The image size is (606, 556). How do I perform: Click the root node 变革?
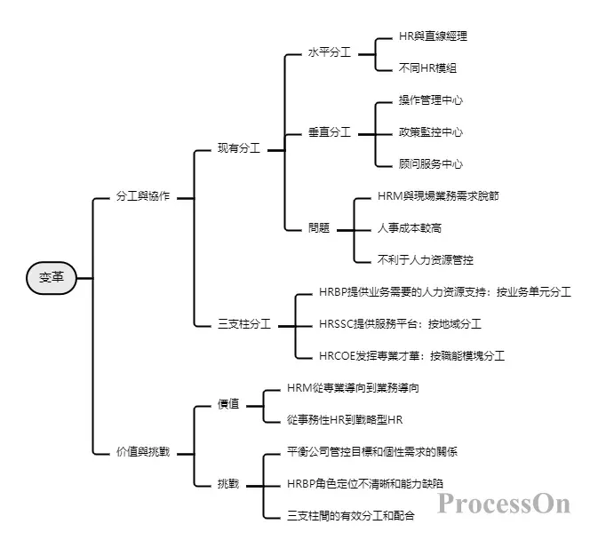pos(52,278)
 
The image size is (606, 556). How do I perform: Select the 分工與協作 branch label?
pos(143,196)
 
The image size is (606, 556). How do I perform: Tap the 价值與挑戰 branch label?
pos(143,452)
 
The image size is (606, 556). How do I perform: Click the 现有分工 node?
pos(239,148)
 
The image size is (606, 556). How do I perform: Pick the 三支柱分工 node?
pos(244,324)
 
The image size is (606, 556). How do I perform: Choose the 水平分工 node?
pos(329,52)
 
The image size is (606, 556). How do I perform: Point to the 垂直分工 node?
pos(329,132)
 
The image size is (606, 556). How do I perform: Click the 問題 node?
pos(319,227)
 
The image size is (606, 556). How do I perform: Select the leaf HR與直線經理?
pos(433,36)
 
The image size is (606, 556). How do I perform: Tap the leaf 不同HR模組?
pos(428,68)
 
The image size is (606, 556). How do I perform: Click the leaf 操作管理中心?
pos(431,100)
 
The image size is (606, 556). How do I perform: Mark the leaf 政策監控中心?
pos(431,132)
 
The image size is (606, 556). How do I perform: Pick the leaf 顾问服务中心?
pos(431,164)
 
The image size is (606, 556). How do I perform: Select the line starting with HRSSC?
pos(411,324)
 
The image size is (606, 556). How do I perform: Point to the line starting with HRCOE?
pos(411,356)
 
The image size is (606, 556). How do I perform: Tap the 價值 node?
pos(228,404)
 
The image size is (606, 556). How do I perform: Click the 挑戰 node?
pos(228,483)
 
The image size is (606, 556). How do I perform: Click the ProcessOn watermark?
pos(503,504)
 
